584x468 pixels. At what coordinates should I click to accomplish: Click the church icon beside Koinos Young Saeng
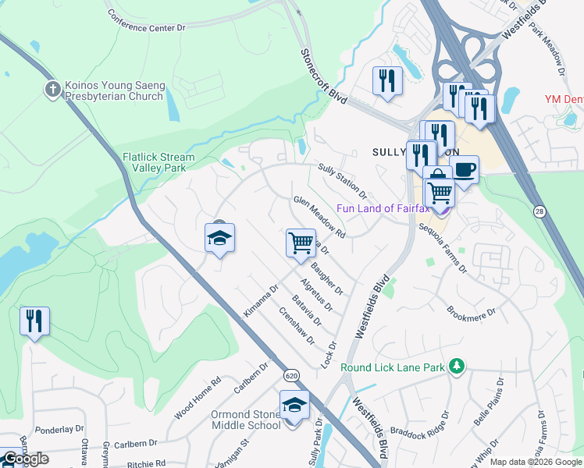tap(53, 89)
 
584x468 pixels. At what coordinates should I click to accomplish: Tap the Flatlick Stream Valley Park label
tap(154, 162)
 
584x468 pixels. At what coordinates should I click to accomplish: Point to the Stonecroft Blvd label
tap(323, 76)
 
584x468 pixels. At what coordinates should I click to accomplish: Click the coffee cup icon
tap(464, 170)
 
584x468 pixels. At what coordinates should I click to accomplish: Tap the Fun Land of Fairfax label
tap(384, 207)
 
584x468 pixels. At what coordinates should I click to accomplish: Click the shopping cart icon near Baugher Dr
tap(301, 243)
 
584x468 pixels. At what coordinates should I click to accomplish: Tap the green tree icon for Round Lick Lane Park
tap(458, 366)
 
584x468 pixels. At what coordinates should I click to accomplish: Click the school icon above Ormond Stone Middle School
tap(294, 406)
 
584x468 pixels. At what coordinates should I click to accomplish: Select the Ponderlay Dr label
tap(59, 429)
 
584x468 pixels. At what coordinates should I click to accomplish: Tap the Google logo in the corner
tap(26, 459)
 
